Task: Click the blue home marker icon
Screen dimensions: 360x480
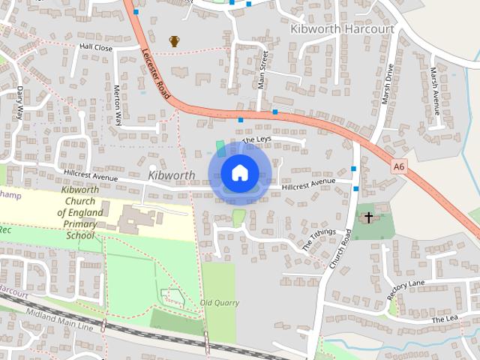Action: (x=239, y=173)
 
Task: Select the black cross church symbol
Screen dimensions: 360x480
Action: (x=368, y=218)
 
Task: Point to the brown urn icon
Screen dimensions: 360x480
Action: (x=174, y=41)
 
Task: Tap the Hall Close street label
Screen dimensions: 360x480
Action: (x=95, y=47)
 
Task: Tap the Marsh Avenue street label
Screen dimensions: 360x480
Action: (x=434, y=86)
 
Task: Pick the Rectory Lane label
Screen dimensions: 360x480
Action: (x=406, y=289)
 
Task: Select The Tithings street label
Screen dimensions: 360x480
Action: (x=317, y=240)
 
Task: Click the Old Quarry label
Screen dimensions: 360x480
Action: (x=219, y=303)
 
